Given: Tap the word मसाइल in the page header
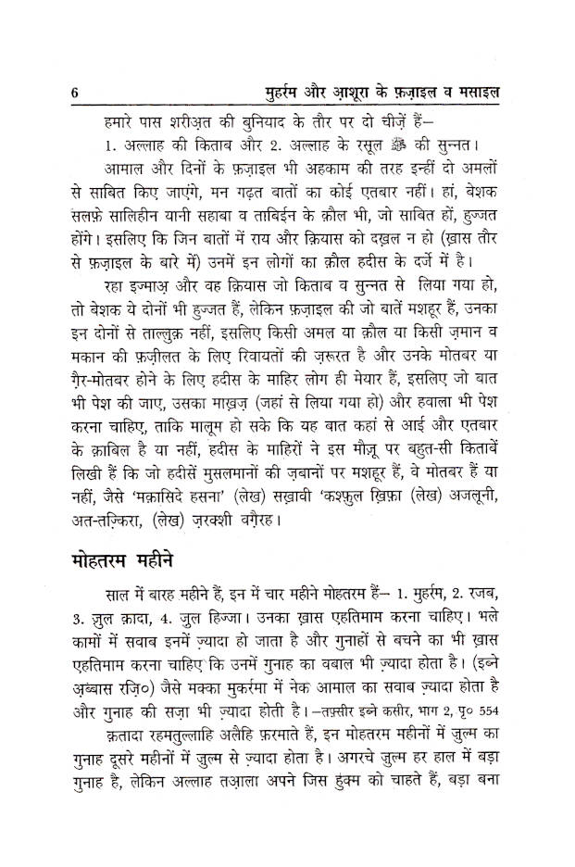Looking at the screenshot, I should click(x=490, y=93).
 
